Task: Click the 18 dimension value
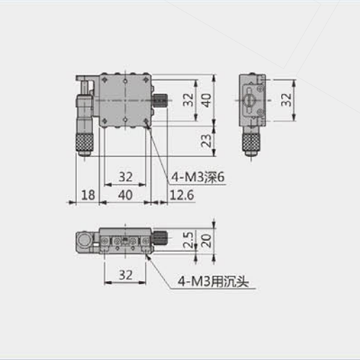pos(88,195)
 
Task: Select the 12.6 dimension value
pos(181,195)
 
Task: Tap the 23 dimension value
pos(207,140)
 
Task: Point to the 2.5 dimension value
pos(188,240)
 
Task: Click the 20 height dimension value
pos(206,240)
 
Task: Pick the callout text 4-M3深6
pos(198,177)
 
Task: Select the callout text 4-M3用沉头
pos(213,282)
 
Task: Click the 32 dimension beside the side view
pos(287,100)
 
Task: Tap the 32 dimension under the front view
pos(125,275)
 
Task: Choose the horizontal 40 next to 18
pos(125,195)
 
